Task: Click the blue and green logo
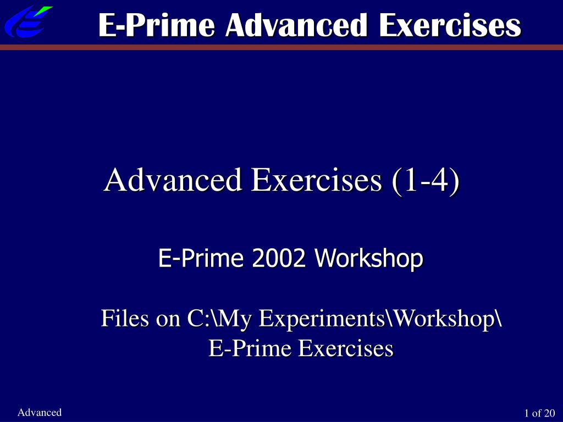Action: tap(28, 21)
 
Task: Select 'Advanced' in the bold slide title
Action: tap(296, 25)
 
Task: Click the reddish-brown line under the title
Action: tap(281, 47)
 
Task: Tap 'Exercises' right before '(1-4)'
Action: tap(316, 180)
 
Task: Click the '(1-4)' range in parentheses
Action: tap(426, 180)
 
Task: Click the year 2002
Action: tap(279, 258)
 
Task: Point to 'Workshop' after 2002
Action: tap(369, 258)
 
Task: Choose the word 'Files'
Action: tap(125, 318)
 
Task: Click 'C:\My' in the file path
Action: tap(219, 319)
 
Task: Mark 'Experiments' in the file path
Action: tap(322, 319)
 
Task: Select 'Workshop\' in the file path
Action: tap(444, 319)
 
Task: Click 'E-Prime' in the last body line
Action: tap(250, 348)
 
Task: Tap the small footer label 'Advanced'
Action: tap(40, 412)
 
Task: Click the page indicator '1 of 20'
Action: tap(540, 413)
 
